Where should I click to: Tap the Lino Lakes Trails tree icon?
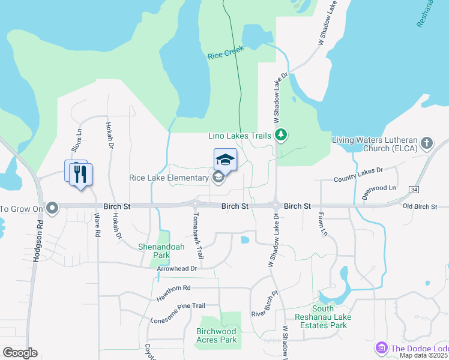(x=280, y=136)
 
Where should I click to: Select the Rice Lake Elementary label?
(x=168, y=178)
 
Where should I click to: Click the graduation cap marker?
(x=225, y=160)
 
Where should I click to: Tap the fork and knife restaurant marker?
(x=80, y=174)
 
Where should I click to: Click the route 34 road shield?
(x=414, y=190)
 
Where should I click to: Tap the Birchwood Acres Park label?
(x=217, y=335)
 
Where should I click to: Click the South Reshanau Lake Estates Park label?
(x=321, y=321)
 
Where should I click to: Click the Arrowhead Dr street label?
(x=177, y=268)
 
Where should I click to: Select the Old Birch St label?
(x=420, y=207)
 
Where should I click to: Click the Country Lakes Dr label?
(x=358, y=175)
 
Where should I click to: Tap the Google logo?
(x=20, y=353)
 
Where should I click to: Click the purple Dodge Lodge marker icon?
(x=381, y=347)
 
